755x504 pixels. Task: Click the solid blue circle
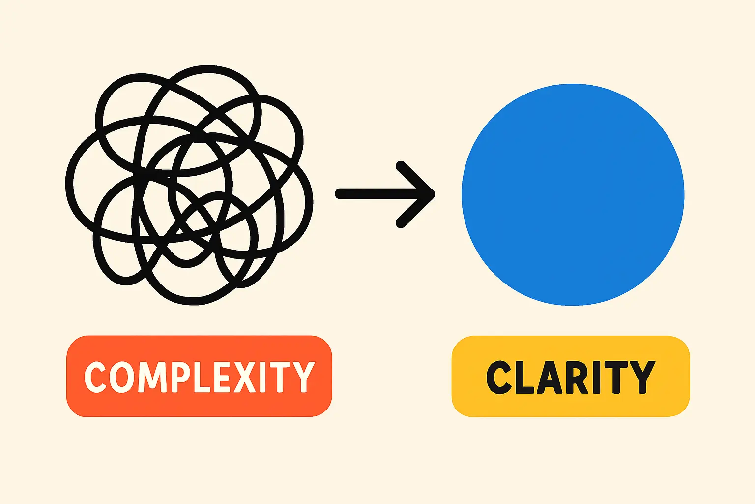coord(573,194)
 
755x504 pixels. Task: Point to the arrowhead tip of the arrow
coord(433,194)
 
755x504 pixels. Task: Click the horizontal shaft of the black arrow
coord(374,194)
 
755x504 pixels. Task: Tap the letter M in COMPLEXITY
coord(153,377)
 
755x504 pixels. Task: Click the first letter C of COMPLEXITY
coord(95,377)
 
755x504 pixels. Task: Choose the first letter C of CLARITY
coord(499,378)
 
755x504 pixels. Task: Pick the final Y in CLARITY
coord(642,378)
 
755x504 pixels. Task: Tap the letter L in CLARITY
coord(524,378)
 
